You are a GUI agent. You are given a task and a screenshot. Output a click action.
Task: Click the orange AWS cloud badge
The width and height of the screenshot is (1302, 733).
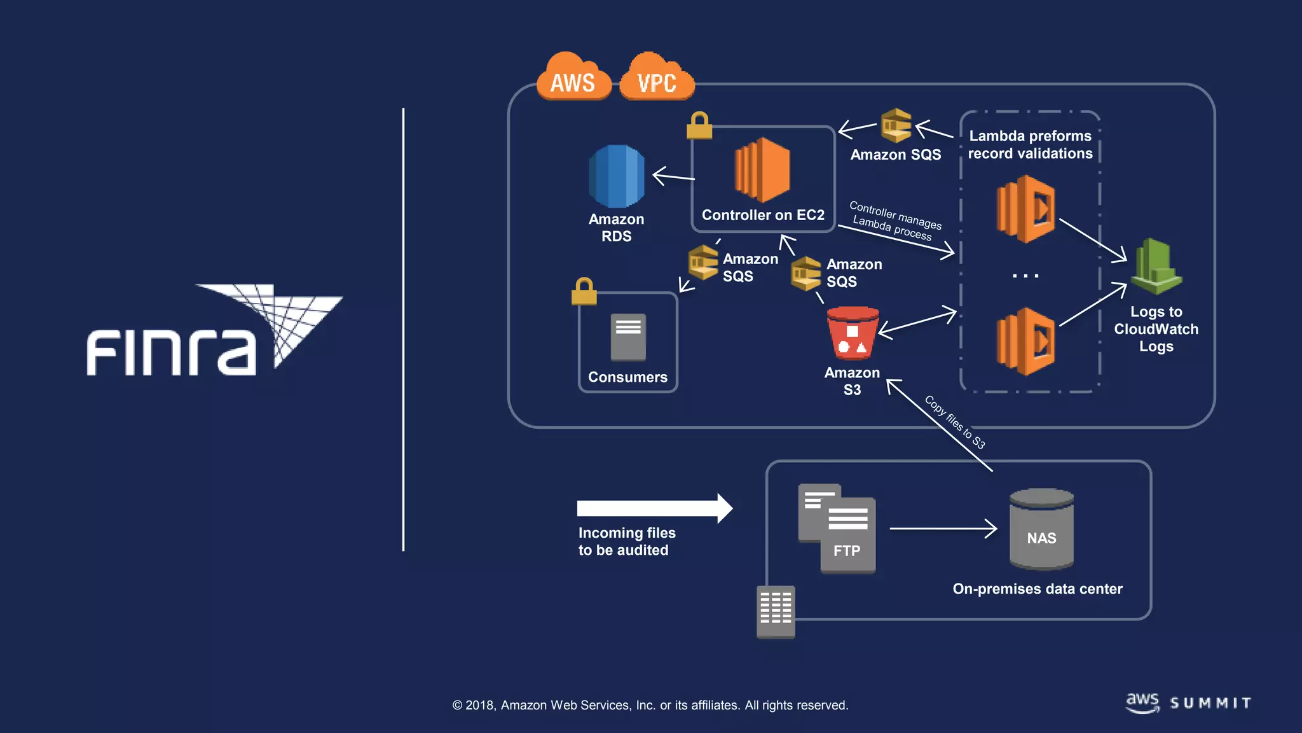573,79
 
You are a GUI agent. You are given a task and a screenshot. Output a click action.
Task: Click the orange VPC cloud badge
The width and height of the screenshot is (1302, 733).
656,79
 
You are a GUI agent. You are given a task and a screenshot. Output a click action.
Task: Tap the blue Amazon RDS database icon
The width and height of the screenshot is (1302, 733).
616,176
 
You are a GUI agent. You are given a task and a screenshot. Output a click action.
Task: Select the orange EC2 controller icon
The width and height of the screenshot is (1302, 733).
762,170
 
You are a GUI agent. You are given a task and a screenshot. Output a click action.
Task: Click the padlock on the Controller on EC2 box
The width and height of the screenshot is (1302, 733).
699,126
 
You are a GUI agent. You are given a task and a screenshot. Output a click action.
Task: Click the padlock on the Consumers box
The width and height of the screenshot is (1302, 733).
584,292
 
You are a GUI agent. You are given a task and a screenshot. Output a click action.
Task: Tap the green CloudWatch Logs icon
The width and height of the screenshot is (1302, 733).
1156,267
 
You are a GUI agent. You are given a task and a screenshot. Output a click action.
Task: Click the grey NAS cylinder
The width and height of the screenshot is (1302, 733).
1041,529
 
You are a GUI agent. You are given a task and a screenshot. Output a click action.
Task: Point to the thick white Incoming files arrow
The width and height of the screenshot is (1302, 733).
654,508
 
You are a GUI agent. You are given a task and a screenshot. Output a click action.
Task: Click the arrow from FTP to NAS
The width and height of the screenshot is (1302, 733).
943,528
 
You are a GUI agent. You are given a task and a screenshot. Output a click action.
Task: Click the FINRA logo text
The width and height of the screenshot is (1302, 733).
171,352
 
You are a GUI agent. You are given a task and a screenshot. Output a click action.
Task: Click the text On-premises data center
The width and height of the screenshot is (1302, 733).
1037,589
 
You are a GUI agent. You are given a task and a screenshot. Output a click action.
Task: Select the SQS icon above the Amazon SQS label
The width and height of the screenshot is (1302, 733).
896,125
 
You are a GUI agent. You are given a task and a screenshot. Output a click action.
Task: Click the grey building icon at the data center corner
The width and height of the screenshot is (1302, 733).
776,611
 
